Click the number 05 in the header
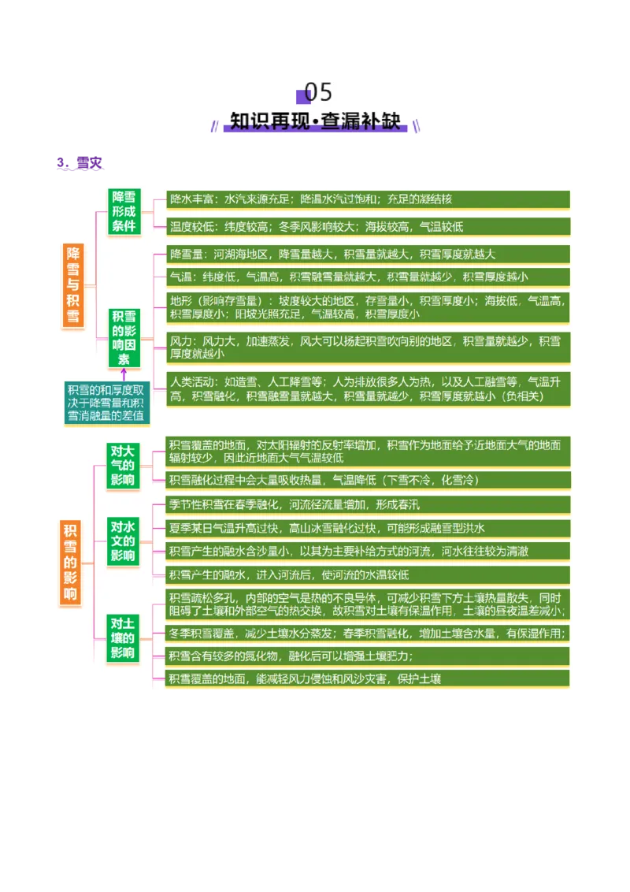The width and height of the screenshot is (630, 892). [x=319, y=92]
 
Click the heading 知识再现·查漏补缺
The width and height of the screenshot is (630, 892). [x=316, y=121]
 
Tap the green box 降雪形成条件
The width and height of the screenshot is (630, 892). [x=124, y=211]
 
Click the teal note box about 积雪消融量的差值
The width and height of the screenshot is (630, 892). [x=106, y=403]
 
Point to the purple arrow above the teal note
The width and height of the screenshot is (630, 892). [x=124, y=375]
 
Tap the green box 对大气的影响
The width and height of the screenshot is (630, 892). [x=122, y=465]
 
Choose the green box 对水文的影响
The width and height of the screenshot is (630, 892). [x=122, y=541]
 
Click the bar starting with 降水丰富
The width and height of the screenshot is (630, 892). [x=368, y=199]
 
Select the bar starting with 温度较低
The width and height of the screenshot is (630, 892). [x=368, y=226]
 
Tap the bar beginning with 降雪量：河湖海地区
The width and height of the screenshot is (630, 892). [x=368, y=255]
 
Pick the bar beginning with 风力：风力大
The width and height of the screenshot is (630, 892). [x=368, y=348]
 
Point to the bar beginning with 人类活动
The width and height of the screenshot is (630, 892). [x=368, y=389]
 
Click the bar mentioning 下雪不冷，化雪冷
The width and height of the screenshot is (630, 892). [x=368, y=480]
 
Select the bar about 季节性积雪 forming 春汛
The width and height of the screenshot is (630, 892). [x=368, y=504]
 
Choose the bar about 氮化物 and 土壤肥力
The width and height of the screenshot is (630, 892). [x=368, y=656]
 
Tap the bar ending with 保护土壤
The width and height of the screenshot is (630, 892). [x=368, y=678]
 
